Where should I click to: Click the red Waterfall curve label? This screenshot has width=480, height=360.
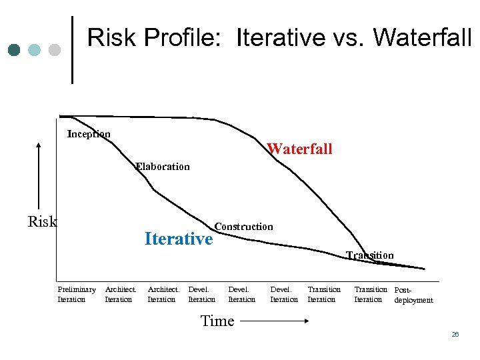pos(299,149)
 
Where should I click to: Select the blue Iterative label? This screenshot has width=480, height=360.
pos(179,239)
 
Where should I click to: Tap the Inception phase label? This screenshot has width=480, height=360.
pos(89,134)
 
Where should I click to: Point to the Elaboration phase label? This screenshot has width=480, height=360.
pos(163,167)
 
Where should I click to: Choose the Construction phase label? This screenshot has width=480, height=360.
pos(243,227)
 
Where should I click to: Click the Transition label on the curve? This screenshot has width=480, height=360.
pos(370,255)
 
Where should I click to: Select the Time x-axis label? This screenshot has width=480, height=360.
pos(217,321)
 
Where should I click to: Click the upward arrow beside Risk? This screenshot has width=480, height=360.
pos(39,174)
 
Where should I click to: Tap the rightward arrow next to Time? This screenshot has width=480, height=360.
pos(273,321)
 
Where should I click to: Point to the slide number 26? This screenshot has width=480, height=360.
pos(455,335)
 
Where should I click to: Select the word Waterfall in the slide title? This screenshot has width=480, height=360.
pos(422,38)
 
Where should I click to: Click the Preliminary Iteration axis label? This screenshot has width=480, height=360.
pos(77,294)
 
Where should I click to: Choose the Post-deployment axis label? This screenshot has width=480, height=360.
pos(413,295)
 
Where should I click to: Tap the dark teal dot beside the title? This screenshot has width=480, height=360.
pos(15,50)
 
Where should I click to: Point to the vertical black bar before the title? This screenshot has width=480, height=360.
pos(72,49)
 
